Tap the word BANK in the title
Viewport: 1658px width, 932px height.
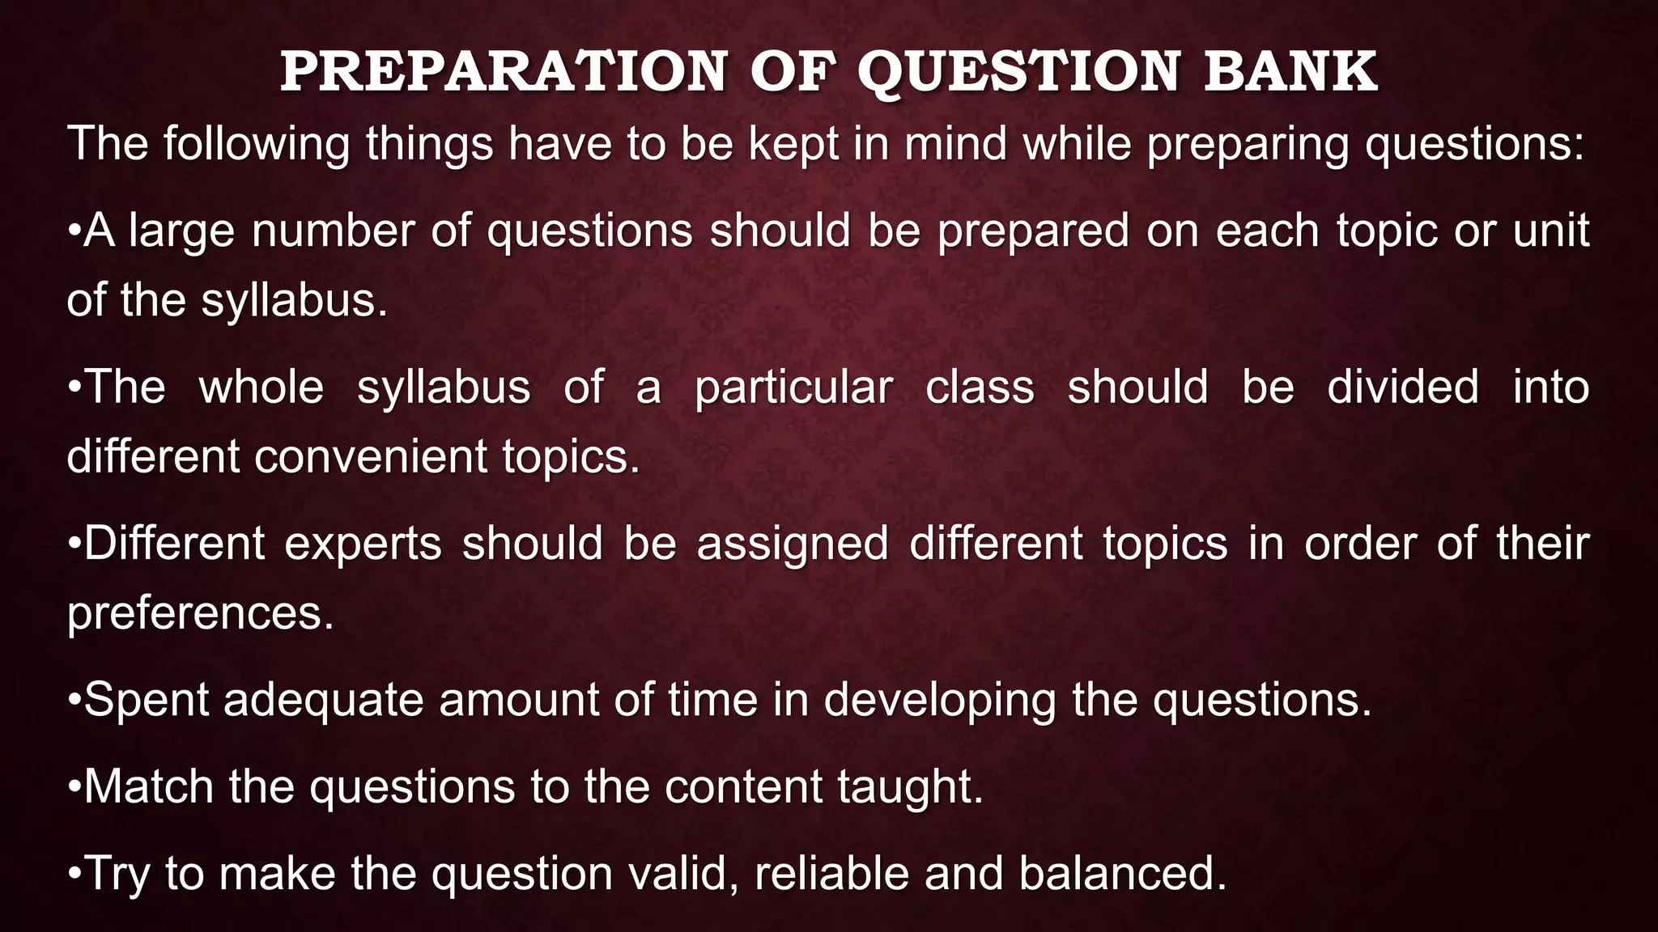1290,72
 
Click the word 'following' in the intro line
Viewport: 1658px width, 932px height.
257,144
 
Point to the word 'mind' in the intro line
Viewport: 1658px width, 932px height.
955,144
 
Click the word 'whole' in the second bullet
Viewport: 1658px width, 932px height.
261,387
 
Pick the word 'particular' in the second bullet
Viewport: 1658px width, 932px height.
793,387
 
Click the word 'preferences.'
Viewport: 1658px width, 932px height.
201,613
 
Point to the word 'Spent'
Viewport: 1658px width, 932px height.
147,700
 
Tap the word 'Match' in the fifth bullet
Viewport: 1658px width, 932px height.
149,786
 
